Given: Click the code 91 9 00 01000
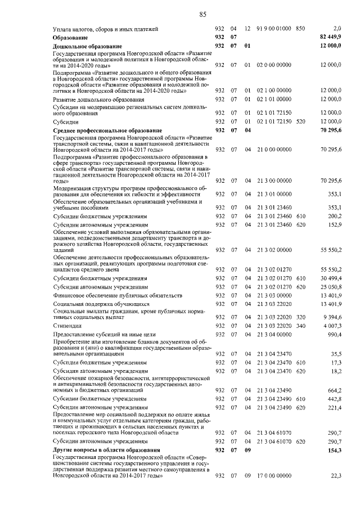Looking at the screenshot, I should (x=274, y=28).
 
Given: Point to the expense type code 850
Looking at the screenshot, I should (x=300, y=28).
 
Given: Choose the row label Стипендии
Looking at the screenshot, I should (x=66, y=326).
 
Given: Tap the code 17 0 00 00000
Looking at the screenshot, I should (x=274, y=476).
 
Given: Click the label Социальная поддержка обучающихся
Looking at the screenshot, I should (x=93, y=304).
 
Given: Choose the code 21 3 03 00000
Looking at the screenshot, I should (x=274, y=295).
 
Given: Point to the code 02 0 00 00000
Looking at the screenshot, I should (x=274, y=65).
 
